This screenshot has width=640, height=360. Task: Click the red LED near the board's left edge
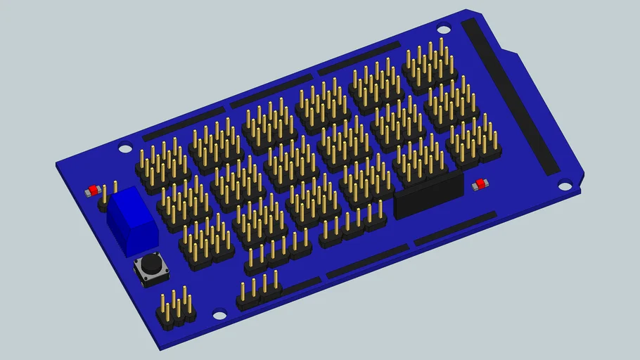pyautogui.click(x=92, y=191)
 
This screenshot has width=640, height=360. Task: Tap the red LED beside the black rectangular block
pyautogui.click(x=480, y=184)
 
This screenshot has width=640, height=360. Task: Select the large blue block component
pyautogui.click(x=132, y=219)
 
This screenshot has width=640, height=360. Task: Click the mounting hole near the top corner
pyautogui.click(x=443, y=29)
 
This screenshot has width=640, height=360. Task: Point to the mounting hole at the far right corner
pyautogui.click(x=565, y=186)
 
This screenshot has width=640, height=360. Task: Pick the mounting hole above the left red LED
pyautogui.click(x=125, y=148)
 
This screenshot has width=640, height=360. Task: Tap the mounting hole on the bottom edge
pyautogui.click(x=219, y=316)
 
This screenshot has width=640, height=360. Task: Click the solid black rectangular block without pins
pyautogui.click(x=428, y=195)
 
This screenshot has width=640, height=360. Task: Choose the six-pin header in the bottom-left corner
pyautogui.click(x=176, y=311)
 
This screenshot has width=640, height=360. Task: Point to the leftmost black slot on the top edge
pyautogui.click(x=183, y=125)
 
